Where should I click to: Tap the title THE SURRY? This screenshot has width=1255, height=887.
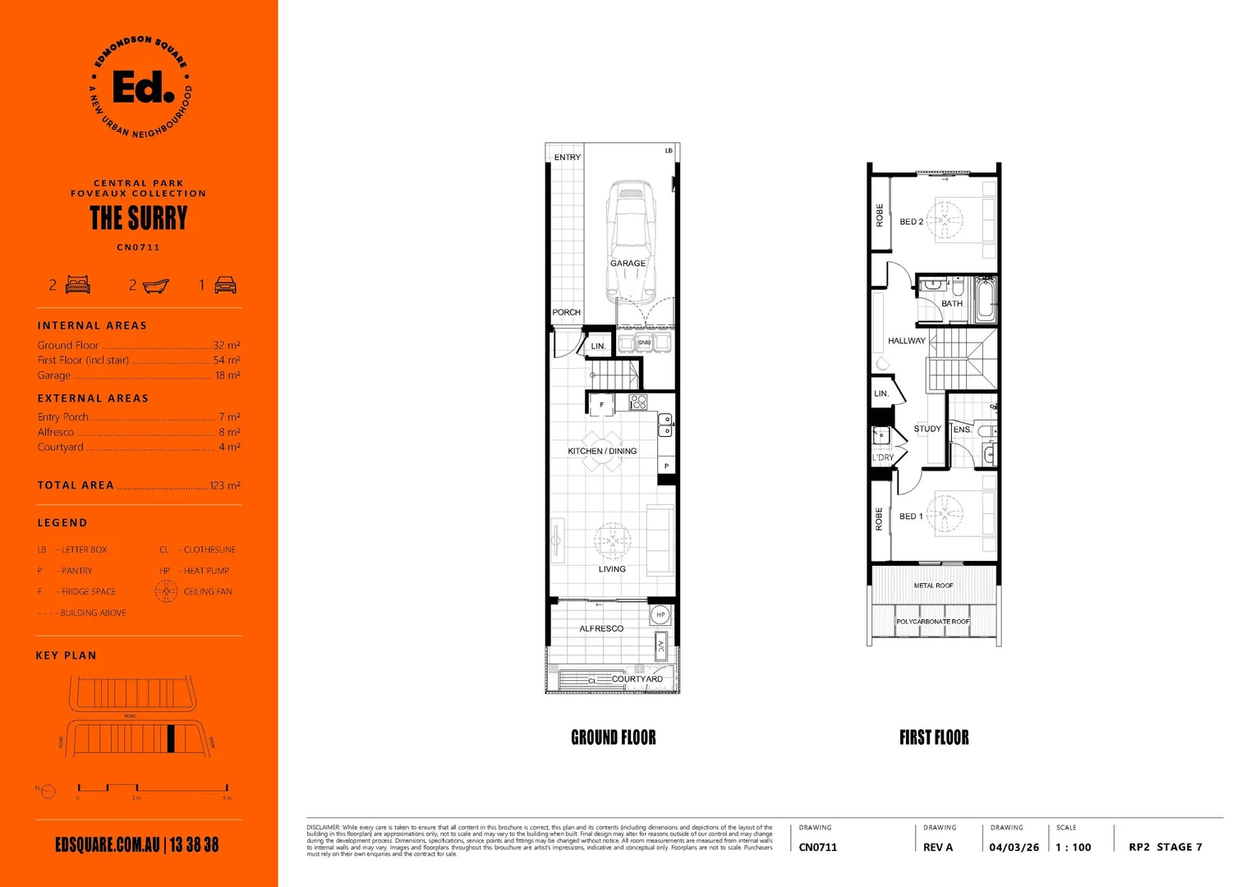coord(139,218)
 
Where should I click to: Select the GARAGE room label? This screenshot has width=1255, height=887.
coord(627,264)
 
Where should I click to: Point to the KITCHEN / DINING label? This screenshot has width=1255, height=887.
coord(602,451)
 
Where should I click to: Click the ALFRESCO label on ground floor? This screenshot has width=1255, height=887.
coord(601,629)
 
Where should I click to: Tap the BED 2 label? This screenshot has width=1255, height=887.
coord(911,222)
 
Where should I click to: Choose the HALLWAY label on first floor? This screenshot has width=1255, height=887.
coord(906,341)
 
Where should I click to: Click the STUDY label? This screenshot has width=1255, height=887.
coord(927,429)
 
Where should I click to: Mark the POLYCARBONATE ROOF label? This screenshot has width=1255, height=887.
coord(932,622)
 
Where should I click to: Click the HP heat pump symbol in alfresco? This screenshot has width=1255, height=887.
coord(660,614)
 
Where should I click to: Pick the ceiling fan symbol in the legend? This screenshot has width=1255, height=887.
coord(166,591)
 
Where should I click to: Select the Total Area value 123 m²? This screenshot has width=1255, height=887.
coord(224,485)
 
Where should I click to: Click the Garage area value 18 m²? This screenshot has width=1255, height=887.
coord(228,375)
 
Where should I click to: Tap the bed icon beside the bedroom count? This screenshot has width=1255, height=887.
coord(78,285)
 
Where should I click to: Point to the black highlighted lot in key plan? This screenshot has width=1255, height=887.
coord(171,739)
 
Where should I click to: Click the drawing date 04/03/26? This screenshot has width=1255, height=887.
coord(1014,848)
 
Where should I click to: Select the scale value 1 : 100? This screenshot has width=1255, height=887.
coord(1073,848)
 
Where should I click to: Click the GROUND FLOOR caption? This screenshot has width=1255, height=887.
coord(614,738)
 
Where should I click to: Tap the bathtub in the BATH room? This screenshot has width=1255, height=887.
coord(985,300)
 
